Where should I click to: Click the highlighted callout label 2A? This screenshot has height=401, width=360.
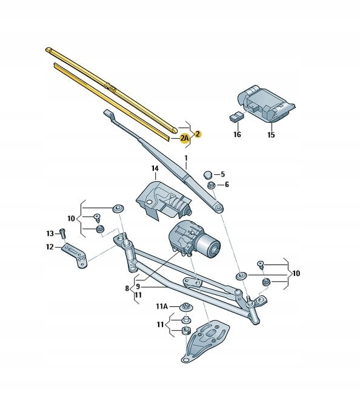185,138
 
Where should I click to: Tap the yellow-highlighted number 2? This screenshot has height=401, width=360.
198,133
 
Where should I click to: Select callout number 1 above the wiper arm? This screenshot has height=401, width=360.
186,158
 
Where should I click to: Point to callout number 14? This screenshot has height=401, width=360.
155,169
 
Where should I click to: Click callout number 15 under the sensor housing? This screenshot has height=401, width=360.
271,135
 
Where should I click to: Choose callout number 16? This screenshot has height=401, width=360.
237,134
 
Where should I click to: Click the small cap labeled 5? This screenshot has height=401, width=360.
208,175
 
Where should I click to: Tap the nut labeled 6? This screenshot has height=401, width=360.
211,185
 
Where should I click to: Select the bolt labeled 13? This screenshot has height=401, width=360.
62,233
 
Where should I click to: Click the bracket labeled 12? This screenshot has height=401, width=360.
75,255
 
